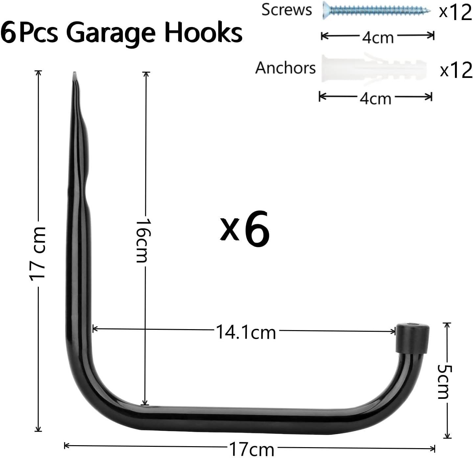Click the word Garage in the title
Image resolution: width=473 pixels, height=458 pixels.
click(112, 33)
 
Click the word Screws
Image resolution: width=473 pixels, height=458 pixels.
click(286, 10)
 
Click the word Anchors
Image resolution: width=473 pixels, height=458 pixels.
click(285, 68)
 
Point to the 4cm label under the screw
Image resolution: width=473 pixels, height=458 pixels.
click(378, 37)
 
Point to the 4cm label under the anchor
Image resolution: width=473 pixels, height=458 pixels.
click(375, 98)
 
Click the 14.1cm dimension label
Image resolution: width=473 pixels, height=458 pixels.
click(246, 332)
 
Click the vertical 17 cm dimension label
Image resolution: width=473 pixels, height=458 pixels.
click(38, 253)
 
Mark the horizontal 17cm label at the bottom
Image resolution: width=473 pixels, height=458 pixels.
click(251, 448)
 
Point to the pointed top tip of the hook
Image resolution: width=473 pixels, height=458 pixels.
click(75, 74)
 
